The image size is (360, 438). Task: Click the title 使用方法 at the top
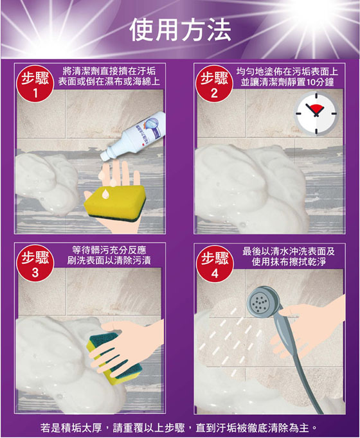tap(180, 30)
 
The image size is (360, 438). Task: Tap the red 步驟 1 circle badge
tap(35, 83)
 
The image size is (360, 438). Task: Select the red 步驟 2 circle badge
tap(214, 83)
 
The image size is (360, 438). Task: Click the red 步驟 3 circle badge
tap(35, 263)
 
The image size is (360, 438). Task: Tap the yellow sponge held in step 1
tap(115, 203)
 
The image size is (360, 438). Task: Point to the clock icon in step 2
tap(316, 114)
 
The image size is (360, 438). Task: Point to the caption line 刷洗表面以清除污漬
tap(109, 261)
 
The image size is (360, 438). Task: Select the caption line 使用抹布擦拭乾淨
tap(289, 262)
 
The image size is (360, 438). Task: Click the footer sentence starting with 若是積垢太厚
tap(179, 427)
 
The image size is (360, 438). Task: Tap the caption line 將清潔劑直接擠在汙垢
tap(109, 71)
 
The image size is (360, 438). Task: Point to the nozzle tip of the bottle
tap(103, 157)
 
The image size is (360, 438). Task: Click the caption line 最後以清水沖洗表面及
tap(289, 251)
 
